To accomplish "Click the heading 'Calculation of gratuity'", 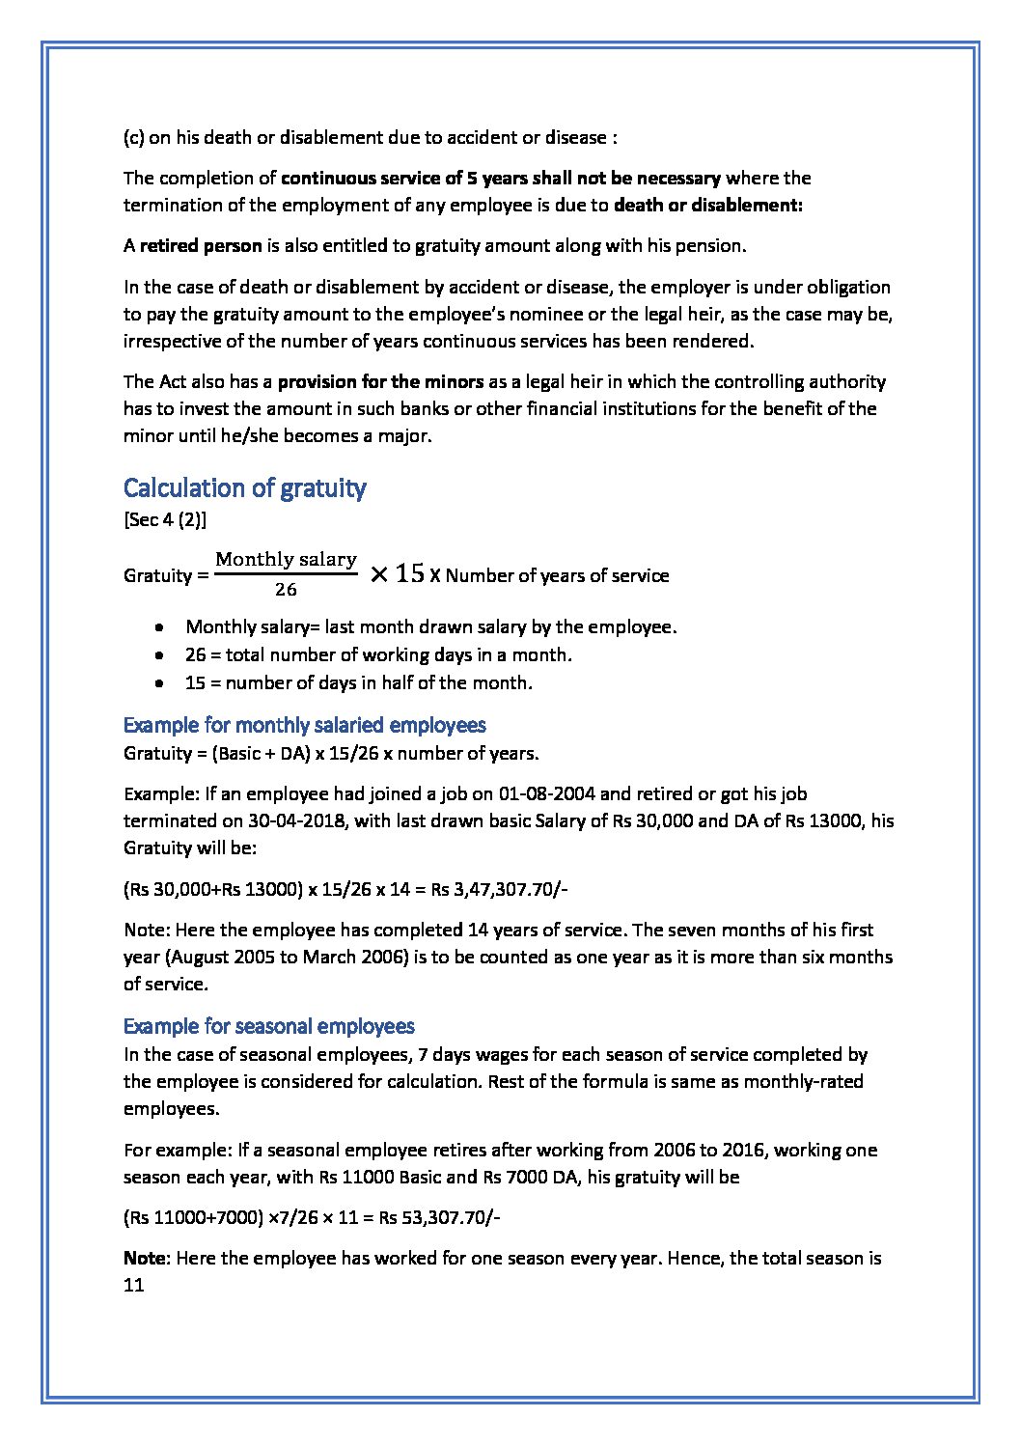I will (244, 488).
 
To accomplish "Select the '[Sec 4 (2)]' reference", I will (164, 520).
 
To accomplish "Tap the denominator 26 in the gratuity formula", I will (286, 590).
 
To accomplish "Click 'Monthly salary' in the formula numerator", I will (286, 560).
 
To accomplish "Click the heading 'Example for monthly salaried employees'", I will (304, 725).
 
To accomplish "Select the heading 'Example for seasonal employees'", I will (269, 1026).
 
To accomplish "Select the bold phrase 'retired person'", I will (201, 246).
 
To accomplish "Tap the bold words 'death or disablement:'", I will (708, 206).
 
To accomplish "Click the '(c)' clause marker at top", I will (134, 137).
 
